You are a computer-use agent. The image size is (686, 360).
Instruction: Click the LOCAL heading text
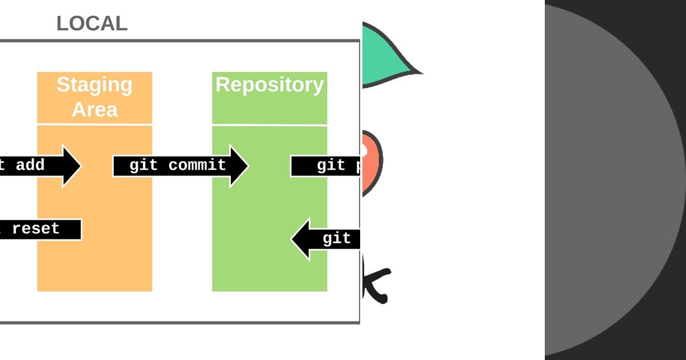pyautogui.click(x=91, y=24)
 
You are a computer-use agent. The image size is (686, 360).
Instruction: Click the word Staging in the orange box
pyautogui.click(x=94, y=85)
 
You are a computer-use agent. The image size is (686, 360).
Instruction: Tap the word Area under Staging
pyautogui.click(x=95, y=109)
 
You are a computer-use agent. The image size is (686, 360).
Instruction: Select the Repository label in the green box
pyautogui.click(x=269, y=85)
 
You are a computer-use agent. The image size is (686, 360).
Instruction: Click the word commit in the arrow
pyautogui.click(x=197, y=166)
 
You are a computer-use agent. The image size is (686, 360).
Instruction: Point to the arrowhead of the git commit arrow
pyautogui.click(x=240, y=166)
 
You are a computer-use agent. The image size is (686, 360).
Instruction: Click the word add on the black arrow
pyautogui.click(x=30, y=166)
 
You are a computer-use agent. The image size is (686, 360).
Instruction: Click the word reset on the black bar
pyautogui.click(x=35, y=229)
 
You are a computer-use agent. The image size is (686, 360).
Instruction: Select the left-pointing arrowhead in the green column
pyautogui.click(x=301, y=239)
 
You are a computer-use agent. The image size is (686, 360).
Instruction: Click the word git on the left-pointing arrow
pyautogui.click(x=337, y=238)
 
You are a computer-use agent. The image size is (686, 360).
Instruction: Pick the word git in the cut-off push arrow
pyautogui.click(x=331, y=166)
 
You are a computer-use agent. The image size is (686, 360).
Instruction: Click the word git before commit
pyautogui.click(x=143, y=166)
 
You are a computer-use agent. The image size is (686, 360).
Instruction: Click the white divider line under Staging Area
pyautogui.click(x=95, y=124)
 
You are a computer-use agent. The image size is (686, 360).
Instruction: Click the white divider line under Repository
pyautogui.click(x=269, y=125)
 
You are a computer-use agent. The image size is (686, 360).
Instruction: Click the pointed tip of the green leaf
pyautogui.click(x=420, y=73)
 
